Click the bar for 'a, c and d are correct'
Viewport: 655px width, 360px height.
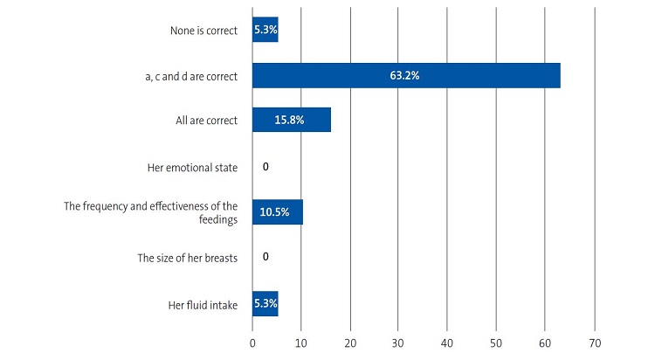pyautogui.click(x=406, y=76)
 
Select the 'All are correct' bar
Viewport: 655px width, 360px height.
pyautogui.click(x=291, y=121)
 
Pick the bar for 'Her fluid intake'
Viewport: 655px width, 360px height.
pyautogui.click(x=265, y=304)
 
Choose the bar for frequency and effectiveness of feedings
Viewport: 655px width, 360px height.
pyautogui.click(x=277, y=212)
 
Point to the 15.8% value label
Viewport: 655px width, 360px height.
pyautogui.click(x=289, y=121)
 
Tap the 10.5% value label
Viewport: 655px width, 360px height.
pyautogui.click(x=277, y=212)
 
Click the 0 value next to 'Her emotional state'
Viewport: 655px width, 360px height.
pyautogui.click(x=265, y=166)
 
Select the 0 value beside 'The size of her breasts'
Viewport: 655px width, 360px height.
pyautogui.click(x=265, y=259)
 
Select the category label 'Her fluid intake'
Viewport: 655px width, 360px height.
pyautogui.click(x=203, y=304)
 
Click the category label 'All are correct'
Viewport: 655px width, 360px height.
pyautogui.click(x=205, y=121)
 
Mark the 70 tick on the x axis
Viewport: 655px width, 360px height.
pyautogui.click(x=595, y=343)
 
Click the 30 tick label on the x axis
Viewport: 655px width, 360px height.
pyautogui.click(x=399, y=343)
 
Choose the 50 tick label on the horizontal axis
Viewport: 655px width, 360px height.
pyautogui.click(x=497, y=343)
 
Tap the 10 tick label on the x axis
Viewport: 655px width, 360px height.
pyautogui.click(x=301, y=343)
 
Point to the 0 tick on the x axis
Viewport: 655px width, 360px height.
pyautogui.click(x=252, y=343)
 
